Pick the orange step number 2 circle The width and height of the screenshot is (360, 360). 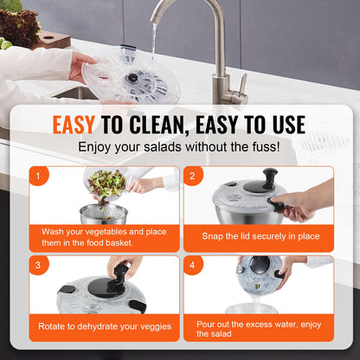tap(195, 177)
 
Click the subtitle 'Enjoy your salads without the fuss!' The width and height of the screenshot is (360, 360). tap(179, 147)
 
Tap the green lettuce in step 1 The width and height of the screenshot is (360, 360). tap(107, 183)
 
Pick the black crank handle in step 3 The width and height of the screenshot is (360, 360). tap(123, 267)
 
